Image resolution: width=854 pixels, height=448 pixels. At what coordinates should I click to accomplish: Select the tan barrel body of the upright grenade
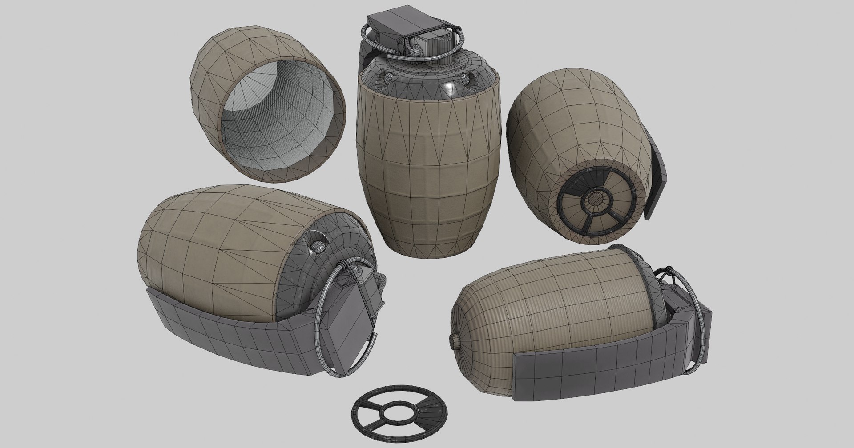[x=427, y=169]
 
